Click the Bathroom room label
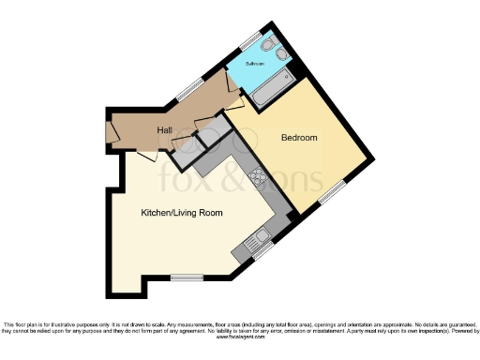click(x=255, y=63)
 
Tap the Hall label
click(x=165, y=130)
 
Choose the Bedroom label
click(x=299, y=138)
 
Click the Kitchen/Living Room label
click(x=182, y=214)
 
